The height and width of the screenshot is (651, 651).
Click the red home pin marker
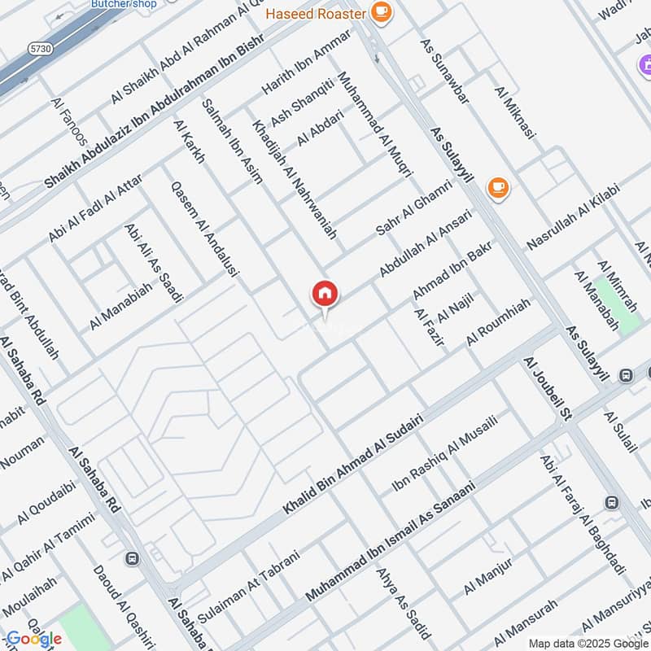(325, 295)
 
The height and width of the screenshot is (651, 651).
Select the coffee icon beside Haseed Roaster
(380, 11)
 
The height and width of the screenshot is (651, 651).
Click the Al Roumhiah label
(498, 324)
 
